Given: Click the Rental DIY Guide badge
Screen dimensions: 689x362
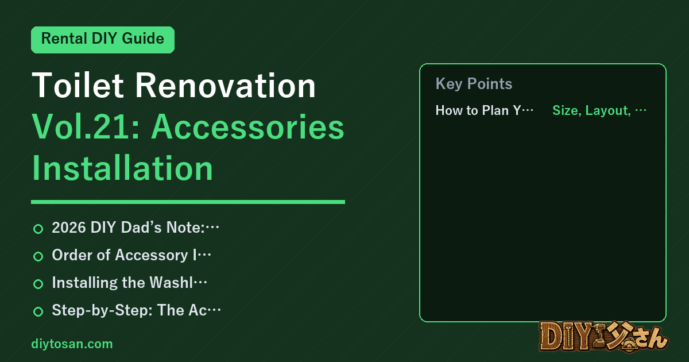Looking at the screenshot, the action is coord(103,40).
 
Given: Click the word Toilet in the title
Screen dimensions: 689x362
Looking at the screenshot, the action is coord(78,85).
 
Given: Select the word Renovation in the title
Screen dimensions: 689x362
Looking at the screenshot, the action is coord(226,85).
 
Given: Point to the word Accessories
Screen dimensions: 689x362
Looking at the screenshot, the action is coord(248,127).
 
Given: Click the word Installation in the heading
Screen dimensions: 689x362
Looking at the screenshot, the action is coord(122,168).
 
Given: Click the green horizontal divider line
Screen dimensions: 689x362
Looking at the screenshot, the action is coord(188,202).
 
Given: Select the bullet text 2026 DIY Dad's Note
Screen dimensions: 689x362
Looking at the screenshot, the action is coord(128,228).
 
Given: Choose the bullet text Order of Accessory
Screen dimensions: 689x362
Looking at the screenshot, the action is coord(124,255).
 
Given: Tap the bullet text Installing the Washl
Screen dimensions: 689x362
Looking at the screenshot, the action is coord(122,283).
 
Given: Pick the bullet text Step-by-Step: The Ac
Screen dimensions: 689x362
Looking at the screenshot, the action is coord(129,310).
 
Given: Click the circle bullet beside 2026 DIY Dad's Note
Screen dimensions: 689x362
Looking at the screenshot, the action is coord(38,229).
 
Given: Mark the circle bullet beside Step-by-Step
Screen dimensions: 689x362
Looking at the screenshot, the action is coord(38,311).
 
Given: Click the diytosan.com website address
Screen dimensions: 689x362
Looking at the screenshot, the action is coord(72,344).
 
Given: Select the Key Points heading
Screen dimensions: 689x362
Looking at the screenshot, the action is coord(474,84).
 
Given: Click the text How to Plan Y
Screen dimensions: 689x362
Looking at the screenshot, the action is coord(478,110).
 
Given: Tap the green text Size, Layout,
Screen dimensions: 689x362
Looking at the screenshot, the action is coord(591,110).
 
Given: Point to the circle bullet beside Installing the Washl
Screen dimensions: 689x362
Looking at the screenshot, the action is coord(38,284).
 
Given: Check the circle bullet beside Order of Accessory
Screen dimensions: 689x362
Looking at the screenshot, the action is coord(38,256).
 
